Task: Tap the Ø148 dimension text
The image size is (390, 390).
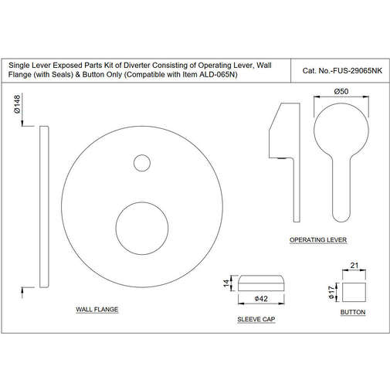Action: coord(16,109)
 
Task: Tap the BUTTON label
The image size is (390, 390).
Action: coord(352,312)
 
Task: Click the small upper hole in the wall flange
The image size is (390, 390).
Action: coord(141,163)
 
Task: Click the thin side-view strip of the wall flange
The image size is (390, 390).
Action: coord(45,208)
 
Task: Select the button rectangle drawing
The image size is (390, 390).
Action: coord(353,291)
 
